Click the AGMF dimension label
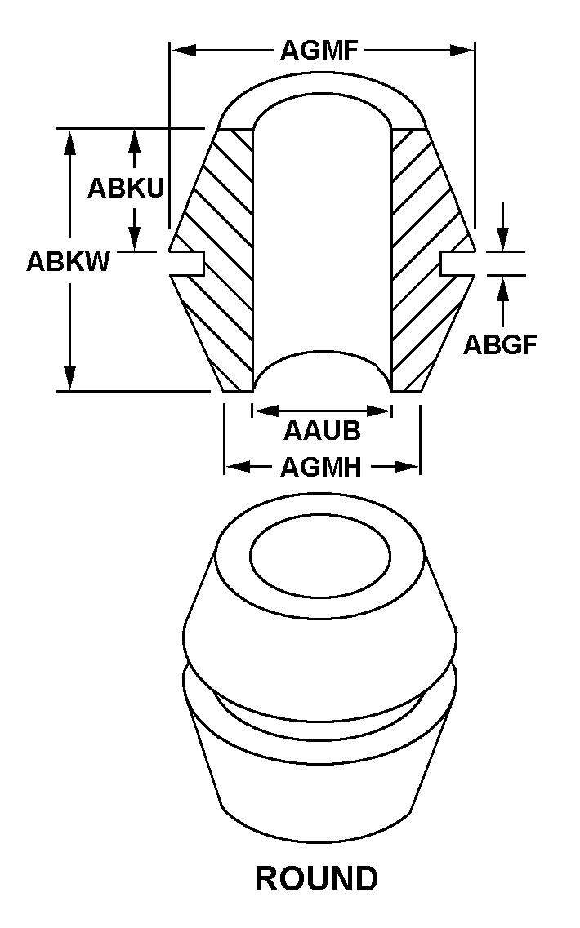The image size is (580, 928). pos(320,51)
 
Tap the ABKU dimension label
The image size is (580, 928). pos(126,189)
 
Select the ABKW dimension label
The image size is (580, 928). pos(68,261)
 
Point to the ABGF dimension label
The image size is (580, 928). pos(500,344)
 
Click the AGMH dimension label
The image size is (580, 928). pos(320,468)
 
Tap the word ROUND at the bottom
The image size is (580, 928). pos(316,878)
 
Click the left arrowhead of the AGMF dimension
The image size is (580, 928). pos(184,51)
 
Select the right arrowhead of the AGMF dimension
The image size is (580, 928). pos(462,51)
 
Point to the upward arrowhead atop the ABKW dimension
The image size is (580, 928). pos(70,142)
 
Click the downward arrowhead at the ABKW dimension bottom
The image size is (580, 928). pos(70,378)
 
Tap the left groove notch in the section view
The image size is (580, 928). pos(187,263)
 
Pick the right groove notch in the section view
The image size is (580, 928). pos(458,263)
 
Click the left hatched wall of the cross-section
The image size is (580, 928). pos(217,260)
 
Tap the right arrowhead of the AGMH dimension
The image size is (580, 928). pos(408,468)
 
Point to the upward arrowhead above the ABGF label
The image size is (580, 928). pos(503,289)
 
